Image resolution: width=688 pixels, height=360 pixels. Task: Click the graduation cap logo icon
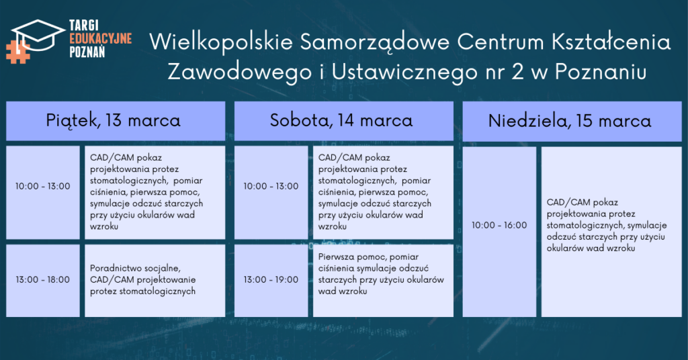(x=38, y=35)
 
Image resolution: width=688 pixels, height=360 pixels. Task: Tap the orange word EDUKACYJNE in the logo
(x=101, y=38)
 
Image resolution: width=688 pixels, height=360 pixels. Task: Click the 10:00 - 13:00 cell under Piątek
(x=43, y=193)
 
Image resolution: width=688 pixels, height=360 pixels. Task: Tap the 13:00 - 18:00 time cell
(x=43, y=281)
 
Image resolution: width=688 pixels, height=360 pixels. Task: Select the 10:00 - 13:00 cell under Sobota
(x=271, y=193)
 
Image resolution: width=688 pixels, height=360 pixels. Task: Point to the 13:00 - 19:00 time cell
(x=271, y=281)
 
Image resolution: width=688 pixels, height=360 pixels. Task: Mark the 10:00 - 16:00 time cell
(x=499, y=232)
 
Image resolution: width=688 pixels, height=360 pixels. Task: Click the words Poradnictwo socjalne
(x=135, y=269)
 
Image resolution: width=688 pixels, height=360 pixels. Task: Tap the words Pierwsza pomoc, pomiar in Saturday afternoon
(x=368, y=257)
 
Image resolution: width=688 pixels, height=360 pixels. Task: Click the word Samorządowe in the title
(x=375, y=43)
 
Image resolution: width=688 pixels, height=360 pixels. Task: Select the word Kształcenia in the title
(x=610, y=42)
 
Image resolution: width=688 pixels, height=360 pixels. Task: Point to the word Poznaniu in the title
(x=600, y=72)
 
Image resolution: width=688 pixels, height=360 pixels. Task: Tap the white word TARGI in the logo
(x=84, y=26)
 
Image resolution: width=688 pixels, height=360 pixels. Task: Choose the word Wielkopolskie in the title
(x=220, y=43)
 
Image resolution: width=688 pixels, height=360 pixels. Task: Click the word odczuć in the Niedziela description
(x=562, y=237)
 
